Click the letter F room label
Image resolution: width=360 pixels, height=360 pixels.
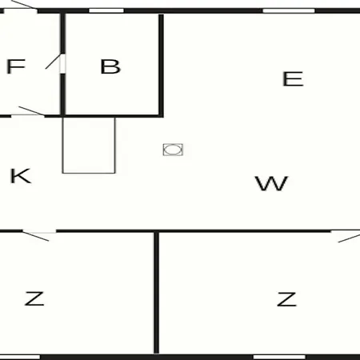(16, 66)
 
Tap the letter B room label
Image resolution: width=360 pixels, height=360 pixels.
(110, 66)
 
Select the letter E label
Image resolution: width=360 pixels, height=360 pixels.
(293, 78)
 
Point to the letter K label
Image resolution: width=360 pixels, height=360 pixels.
(21, 176)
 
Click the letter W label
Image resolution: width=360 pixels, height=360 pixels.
(271, 183)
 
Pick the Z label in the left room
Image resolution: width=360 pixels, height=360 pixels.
(34, 298)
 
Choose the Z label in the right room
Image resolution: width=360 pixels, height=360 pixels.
(286, 299)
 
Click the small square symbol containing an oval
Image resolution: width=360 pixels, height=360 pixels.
(173, 150)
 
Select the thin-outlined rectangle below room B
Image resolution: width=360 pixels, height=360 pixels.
(89, 146)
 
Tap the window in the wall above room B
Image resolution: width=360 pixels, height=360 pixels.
(106, 10)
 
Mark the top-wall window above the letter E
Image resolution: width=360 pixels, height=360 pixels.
(289, 10)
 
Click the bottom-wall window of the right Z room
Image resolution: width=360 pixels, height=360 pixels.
(279, 357)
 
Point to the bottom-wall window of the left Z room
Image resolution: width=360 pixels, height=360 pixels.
(20, 357)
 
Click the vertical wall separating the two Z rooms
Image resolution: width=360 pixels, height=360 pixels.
(157, 293)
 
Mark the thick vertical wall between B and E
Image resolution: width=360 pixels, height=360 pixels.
(161, 66)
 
